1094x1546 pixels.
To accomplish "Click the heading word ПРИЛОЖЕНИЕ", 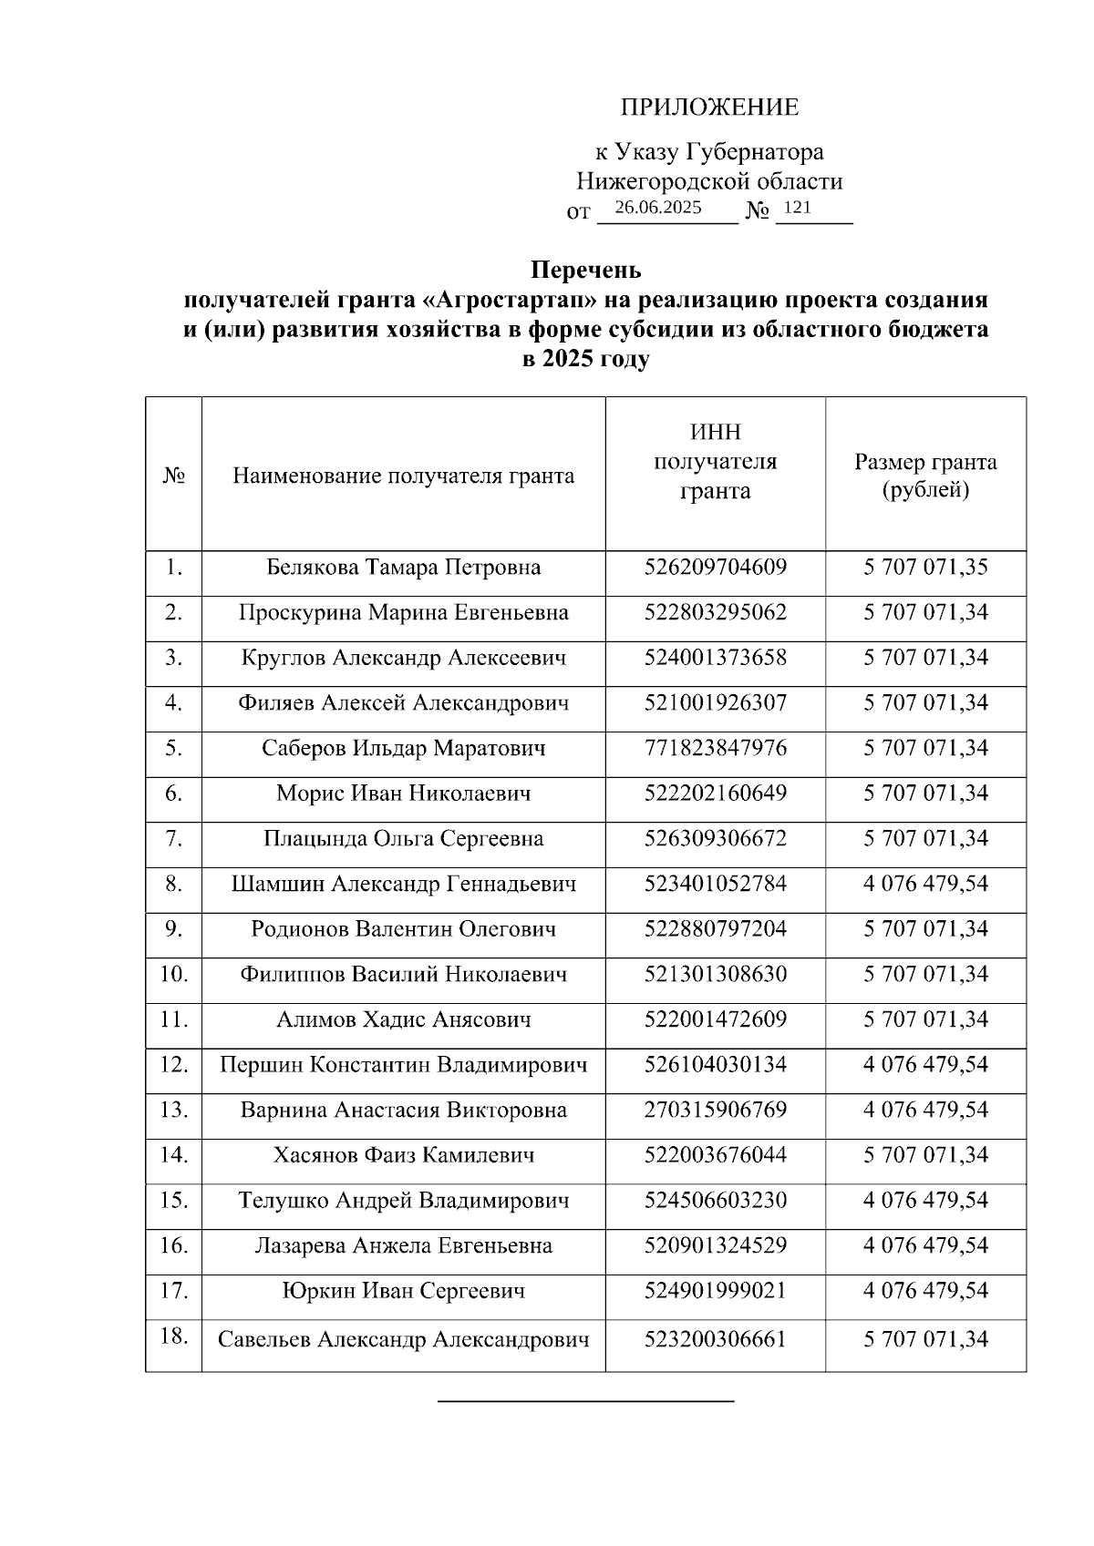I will [x=709, y=108].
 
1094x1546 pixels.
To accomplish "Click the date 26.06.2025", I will [x=658, y=208].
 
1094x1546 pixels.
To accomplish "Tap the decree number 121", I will [x=797, y=208].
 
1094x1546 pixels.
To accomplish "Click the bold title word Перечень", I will [x=586, y=271].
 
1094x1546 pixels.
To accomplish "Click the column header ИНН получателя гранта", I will [x=715, y=462].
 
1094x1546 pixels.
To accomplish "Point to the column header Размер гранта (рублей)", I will [x=925, y=476].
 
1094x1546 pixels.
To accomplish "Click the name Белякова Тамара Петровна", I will [x=404, y=568].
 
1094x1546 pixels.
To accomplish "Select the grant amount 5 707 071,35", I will [x=925, y=568].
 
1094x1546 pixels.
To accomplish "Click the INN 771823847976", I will [x=715, y=749].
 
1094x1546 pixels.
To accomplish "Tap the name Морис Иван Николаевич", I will [x=404, y=793].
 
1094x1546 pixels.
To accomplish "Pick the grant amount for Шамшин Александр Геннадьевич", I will [x=925, y=884].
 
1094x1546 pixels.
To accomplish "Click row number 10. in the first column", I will [x=173, y=974].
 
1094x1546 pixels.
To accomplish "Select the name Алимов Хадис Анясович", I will [x=404, y=1019].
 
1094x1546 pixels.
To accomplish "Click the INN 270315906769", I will [x=715, y=1110].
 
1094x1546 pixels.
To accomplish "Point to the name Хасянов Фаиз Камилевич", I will [x=404, y=1155].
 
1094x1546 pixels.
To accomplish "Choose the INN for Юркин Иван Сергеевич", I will [x=715, y=1291].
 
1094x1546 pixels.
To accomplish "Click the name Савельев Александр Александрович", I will [x=404, y=1340].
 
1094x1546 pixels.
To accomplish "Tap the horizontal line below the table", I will [x=585, y=1400].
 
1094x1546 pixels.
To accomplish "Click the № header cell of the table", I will [x=173, y=476].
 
